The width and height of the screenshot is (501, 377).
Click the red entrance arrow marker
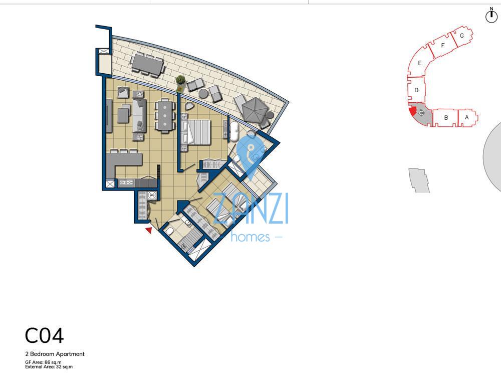[148, 230]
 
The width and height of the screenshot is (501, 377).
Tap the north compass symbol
[491, 16]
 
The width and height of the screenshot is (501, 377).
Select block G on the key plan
[461, 36]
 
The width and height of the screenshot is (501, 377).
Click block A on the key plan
[467, 117]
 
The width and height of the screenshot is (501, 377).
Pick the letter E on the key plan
[419, 63]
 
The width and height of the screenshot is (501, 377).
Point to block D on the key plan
[416, 90]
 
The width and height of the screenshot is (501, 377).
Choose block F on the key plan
[443, 46]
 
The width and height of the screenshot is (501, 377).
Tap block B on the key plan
[445, 118]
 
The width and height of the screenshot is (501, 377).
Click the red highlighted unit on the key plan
[412, 112]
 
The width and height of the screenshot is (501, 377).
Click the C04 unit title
[44, 336]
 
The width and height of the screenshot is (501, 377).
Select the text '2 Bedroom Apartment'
[55, 354]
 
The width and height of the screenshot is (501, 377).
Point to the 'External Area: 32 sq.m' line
[49, 367]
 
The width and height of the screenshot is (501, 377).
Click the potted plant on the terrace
[180, 80]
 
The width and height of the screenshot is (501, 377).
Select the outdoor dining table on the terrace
[147, 64]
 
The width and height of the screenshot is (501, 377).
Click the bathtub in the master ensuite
[233, 131]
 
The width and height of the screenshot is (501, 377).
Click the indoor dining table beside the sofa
[164, 115]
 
